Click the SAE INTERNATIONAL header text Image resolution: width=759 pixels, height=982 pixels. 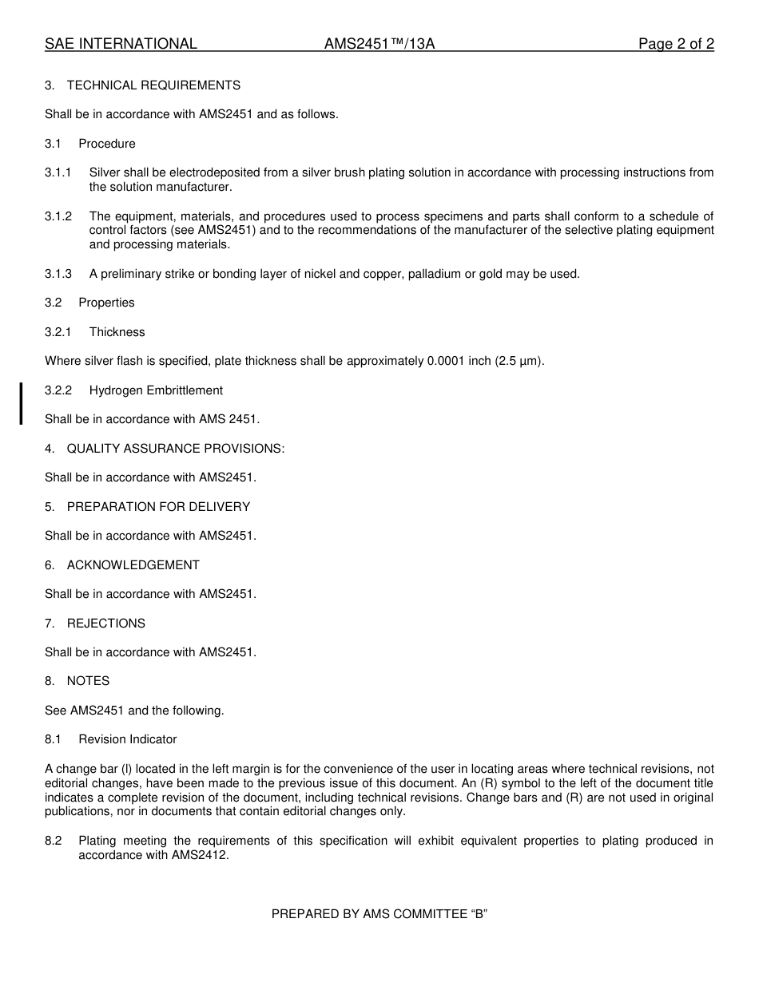pyautogui.click(x=121, y=45)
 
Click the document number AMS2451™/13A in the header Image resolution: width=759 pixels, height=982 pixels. pyautogui.click(x=379, y=45)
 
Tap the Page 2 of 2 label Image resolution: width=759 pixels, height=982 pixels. pyautogui.click(x=675, y=45)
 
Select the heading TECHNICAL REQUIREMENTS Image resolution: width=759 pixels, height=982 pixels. pyautogui.click(x=153, y=85)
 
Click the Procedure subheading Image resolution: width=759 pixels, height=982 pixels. pyautogui.click(x=107, y=144)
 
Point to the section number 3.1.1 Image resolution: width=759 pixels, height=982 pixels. pyautogui.click(x=58, y=172)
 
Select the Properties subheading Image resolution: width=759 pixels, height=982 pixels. pyautogui.click(x=106, y=303)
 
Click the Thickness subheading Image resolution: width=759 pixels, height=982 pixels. pyautogui.click(x=117, y=332)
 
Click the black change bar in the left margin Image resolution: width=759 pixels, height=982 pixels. pyautogui.click(x=22, y=403)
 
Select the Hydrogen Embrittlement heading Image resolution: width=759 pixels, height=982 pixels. pyautogui.click(x=156, y=390)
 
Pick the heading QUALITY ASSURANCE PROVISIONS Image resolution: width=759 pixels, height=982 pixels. pyautogui.click(x=175, y=449)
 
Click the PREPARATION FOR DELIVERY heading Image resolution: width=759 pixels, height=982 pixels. pyautogui.click(x=158, y=507)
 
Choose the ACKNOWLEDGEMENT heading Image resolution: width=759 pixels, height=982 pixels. pyautogui.click(x=133, y=565)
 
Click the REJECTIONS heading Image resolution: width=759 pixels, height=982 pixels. pyautogui.click(x=105, y=624)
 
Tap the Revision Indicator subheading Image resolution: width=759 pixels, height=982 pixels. pyautogui.click(x=128, y=739)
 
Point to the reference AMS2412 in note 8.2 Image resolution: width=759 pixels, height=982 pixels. pyautogui.click(x=200, y=855)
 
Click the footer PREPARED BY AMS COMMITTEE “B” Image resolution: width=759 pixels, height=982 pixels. pyautogui.click(x=379, y=915)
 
